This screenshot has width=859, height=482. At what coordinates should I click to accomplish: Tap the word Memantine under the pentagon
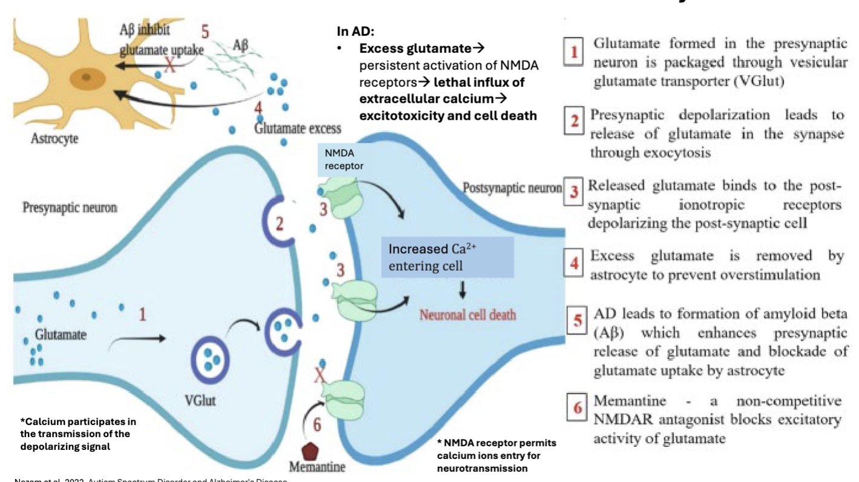(317, 467)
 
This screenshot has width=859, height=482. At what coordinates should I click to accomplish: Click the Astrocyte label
(54, 139)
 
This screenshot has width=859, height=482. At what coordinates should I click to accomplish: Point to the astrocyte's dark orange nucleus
(85, 79)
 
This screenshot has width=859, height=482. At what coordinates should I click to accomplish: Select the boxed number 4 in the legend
(574, 265)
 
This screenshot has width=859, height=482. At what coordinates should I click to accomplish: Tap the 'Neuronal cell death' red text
(468, 315)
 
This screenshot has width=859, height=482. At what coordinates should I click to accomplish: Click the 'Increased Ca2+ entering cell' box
(447, 257)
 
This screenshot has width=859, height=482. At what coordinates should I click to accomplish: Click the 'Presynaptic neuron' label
(70, 208)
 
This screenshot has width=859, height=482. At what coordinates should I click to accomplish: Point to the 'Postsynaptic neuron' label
(512, 188)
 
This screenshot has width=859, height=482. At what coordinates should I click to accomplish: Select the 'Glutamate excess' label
(298, 128)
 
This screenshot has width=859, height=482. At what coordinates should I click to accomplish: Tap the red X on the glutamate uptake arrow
(171, 66)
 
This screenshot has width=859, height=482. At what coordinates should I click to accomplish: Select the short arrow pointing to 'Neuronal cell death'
(463, 291)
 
